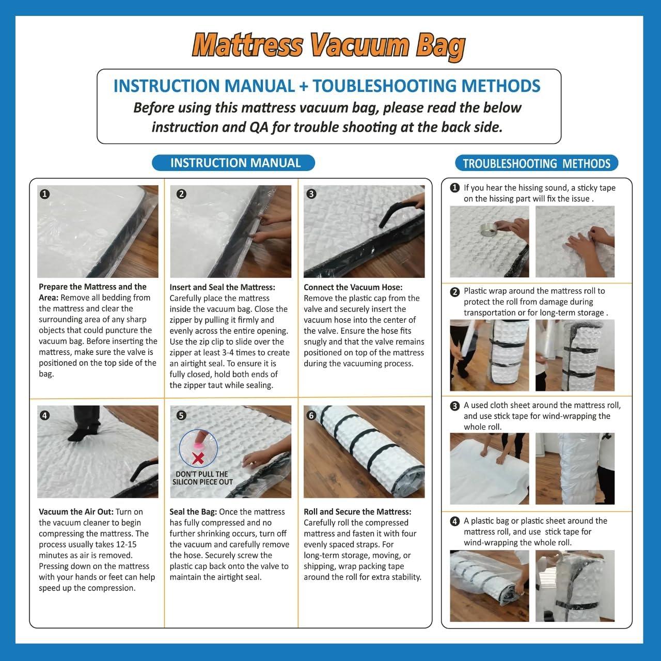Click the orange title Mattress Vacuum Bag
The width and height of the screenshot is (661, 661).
[x=329, y=46]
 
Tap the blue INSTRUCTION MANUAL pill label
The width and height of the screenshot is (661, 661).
[x=235, y=163]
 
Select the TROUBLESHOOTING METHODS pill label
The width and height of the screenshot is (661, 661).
[x=537, y=164]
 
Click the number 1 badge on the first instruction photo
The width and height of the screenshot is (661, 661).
[x=45, y=194]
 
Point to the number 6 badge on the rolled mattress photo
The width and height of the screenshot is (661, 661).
[x=311, y=415]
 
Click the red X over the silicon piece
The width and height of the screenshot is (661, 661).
[x=197, y=457]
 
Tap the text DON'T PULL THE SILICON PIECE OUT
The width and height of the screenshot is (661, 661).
[x=201, y=478]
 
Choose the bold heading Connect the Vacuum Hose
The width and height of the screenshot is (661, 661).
[x=353, y=287]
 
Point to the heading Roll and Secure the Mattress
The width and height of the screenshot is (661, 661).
[x=357, y=512]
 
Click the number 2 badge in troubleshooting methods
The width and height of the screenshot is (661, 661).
[x=455, y=292]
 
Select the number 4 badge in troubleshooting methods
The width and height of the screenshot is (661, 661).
[x=455, y=521]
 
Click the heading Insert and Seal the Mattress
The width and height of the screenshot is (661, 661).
[x=222, y=287]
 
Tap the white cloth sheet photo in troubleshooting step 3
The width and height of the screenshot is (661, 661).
[x=489, y=468]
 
